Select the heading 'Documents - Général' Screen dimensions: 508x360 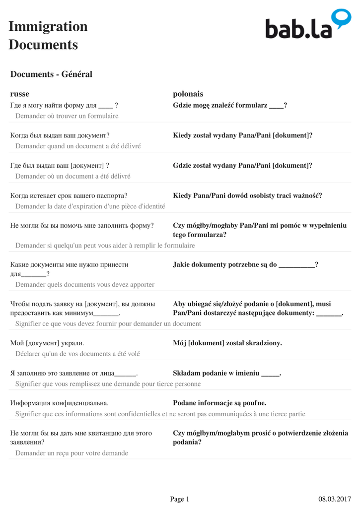click(51, 74)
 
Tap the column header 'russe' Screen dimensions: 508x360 click(20, 94)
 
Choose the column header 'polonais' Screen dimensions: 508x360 click(188, 94)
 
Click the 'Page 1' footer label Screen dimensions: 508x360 click(179, 499)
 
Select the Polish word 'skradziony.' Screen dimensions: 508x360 click(265, 343)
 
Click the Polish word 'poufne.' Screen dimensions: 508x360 click(255, 403)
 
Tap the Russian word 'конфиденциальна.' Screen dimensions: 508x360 click(79, 403)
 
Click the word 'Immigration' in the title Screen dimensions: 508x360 click(48, 26)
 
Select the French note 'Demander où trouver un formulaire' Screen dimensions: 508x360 click(67, 116)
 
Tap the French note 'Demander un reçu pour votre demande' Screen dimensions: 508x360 click(72, 453)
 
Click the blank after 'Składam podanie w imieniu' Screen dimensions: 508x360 click(271, 373)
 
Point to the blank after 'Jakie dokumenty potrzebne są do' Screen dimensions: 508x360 click(297, 264)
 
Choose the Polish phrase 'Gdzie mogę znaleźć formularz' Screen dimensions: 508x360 click(220, 105)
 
